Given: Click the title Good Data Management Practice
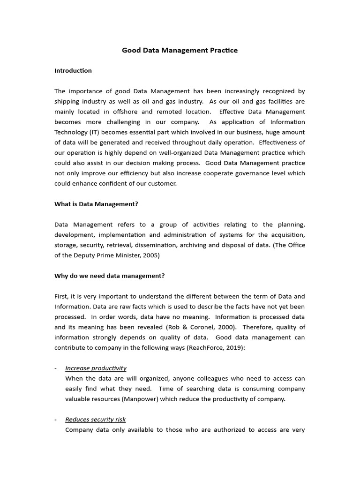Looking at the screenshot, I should (180, 50).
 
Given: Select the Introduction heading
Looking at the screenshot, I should (73, 71).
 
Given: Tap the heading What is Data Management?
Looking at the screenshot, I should (96, 204).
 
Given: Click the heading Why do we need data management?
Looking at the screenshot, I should (109, 276).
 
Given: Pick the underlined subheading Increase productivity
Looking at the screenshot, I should (96, 368).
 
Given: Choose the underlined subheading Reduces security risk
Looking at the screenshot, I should (95, 420).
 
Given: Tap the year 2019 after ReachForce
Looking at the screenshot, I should (231, 348).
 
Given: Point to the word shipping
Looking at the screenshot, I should (67, 101).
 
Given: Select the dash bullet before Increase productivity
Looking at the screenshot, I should (56, 368).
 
